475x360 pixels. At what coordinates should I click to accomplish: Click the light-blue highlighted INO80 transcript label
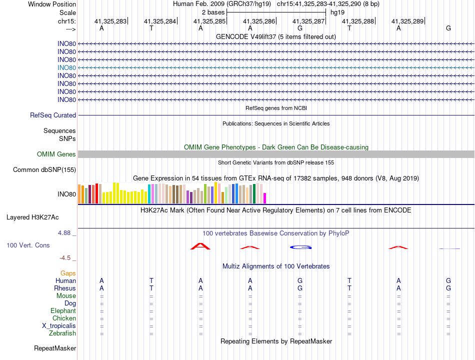pyautogui.click(x=66, y=68)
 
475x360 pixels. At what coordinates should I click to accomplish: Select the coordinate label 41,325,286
pyautogui.click(x=259, y=21)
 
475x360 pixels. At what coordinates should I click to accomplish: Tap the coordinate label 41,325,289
pyautogui.click(x=407, y=21)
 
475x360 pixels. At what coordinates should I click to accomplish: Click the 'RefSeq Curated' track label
pyautogui.click(x=53, y=115)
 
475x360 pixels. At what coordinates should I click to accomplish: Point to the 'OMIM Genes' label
pyautogui.click(x=56, y=154)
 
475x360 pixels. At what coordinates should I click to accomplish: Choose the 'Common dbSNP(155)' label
pyautogui.click(x=44, y=169)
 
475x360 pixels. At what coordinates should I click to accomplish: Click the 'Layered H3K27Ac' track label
pyautogui.click(x=32, y=217)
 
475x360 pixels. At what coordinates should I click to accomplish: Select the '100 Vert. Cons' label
pyautogui.click(x=28, y=245)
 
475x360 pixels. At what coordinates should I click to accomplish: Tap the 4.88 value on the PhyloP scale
pyautogui.click(x=64, y=232)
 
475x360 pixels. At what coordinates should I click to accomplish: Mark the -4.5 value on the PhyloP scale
pyautogui.click(x=65, y=258)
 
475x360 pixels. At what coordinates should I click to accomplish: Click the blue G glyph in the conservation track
pyautogui.click(x=301, y=247)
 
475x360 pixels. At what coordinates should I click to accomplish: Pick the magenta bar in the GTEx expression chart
pyautogui.click(x=265, y=198)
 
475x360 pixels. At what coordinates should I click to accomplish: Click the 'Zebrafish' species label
pyautogui.click(x=62, y=333)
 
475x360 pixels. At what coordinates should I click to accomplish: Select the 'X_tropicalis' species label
pyautogui.click(x=59, y=326)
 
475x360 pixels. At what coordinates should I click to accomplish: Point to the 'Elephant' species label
pyautogui.click(x=63, y=310)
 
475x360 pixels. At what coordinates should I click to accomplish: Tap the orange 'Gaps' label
pyautogui.click(x=68, y=273)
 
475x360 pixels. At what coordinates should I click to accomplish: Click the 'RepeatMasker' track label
pyautogui.click(x=55, y=348)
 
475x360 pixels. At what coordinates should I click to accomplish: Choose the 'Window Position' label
pyautogui.click(x=52, y=4)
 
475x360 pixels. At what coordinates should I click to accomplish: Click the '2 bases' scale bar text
pyautogui.click(x=213, y=12)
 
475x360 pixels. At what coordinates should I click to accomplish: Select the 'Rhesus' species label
pyautogui.click(x=65, y=288)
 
